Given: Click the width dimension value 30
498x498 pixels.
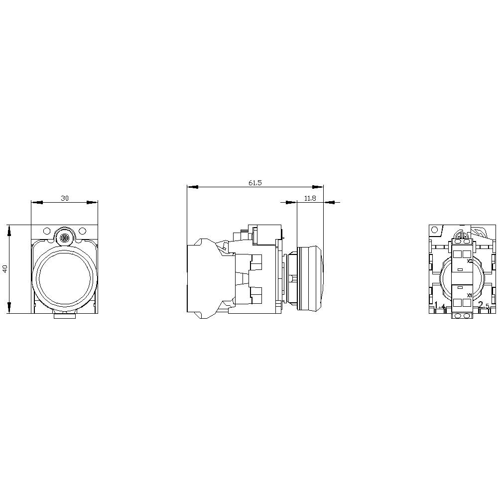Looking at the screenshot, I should coord(65,198).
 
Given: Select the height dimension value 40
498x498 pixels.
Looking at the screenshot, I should coord(5,269).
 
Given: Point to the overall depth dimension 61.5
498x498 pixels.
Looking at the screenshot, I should coord(255,183).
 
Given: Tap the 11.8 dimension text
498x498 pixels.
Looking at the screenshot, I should coord(310,198).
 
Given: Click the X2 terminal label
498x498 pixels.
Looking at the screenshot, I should coord(470,260).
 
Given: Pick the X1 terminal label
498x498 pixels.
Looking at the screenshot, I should coord(470,295).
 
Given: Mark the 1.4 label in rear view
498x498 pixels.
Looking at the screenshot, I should coord(440,306).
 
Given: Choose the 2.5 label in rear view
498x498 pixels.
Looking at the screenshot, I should coord(484,306).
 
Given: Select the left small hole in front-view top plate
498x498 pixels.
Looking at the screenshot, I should coord(47,231).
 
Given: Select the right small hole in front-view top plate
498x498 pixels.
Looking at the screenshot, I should coord(83,231).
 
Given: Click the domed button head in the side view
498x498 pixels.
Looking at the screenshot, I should coord(311,278).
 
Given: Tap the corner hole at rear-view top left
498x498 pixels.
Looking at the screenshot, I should coord(435,230).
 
